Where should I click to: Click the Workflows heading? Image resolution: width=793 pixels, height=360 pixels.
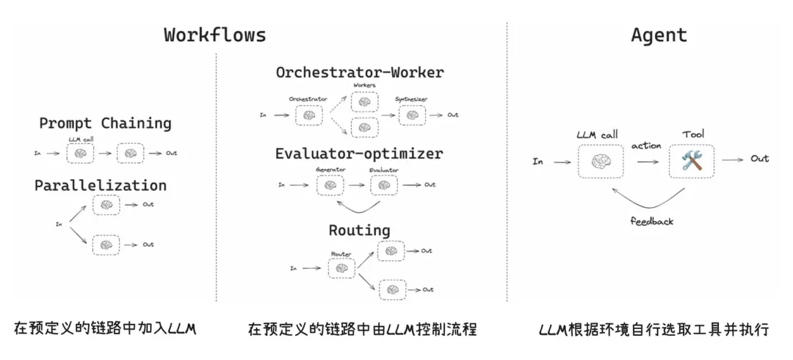coord(214,35)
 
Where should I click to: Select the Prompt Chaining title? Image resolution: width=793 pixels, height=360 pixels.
coord(105,123)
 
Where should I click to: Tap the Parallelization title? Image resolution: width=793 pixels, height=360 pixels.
coord(101,185)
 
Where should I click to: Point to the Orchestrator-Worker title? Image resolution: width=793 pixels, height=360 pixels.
coord(360,72)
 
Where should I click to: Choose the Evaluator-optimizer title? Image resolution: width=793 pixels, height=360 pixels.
coord(359,154)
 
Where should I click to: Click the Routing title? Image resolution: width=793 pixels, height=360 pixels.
coord(359,230)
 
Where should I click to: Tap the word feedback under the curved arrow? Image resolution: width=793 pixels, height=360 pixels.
coord(651,220)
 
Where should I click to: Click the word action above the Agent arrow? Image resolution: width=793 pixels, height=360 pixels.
coord(646,145)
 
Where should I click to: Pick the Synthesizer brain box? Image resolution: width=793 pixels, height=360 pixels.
coord(413,115)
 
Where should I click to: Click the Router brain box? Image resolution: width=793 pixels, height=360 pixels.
coord(341,269)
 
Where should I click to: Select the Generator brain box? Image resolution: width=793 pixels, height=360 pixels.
coord(330,184)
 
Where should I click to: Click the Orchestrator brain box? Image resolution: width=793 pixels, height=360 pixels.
coord(308,115)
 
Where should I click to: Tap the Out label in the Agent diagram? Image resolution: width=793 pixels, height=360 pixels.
coord(759,159)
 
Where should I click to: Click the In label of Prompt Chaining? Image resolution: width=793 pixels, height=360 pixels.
coord(37,154)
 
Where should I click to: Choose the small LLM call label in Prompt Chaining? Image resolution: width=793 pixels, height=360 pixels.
coord(80,139)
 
